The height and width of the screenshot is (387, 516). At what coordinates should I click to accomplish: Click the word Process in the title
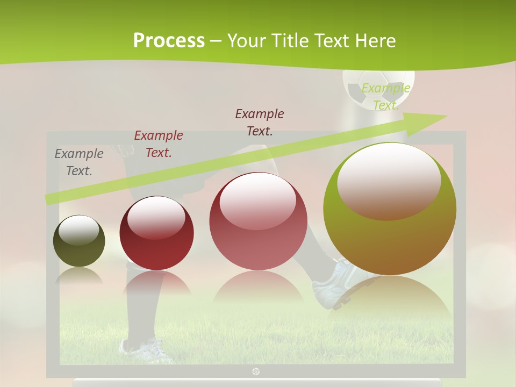169,40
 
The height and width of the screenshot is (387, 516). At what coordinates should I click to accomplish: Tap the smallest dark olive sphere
79,241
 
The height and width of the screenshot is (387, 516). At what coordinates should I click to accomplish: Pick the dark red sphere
156,234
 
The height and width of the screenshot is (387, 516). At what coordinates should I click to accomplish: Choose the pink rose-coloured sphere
258,221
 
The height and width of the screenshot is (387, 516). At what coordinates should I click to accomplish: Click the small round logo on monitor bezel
256,371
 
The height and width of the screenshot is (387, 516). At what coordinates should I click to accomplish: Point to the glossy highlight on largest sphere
389,180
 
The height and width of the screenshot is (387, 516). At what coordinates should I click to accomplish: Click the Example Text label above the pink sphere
260,122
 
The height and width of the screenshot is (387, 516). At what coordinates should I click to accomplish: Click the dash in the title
216,41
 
